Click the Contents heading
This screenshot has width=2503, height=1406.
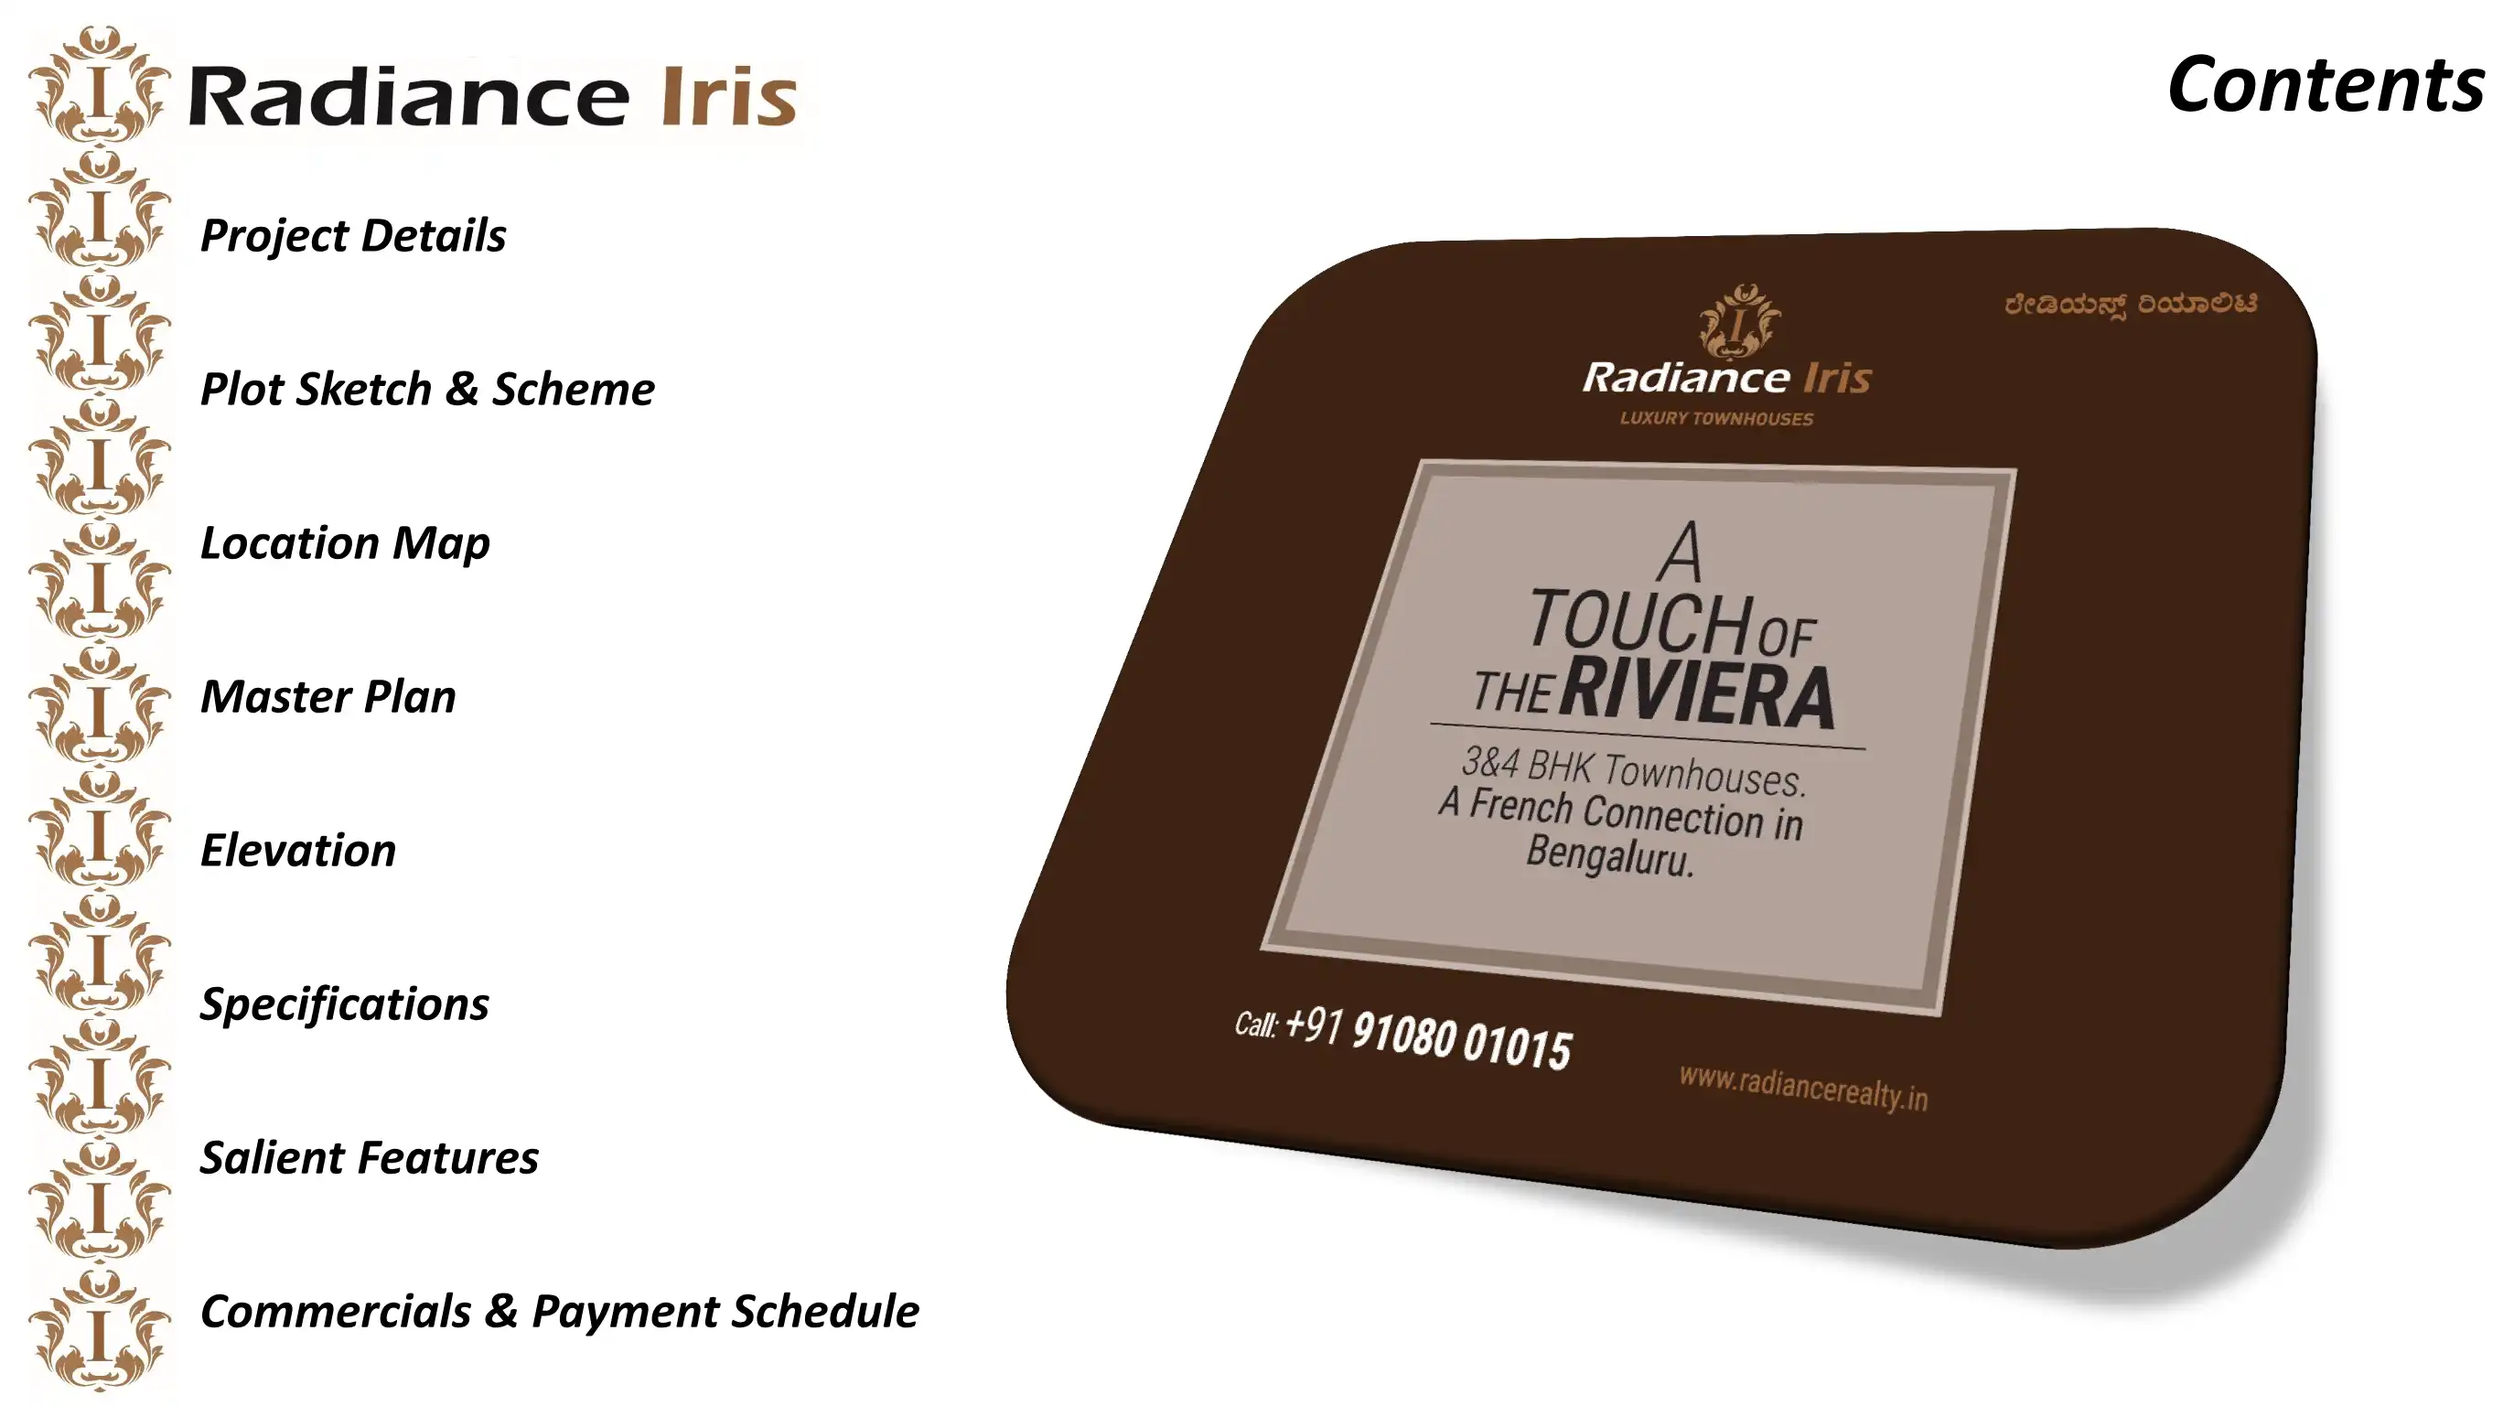click(x=2326, y=84)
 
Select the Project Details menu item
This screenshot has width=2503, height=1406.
click(x=353, y=236)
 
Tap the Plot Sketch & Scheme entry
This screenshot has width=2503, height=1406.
click(x=427, y=390)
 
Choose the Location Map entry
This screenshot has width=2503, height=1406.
click(x=345, y=543)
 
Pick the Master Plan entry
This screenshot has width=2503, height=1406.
click(x=328, y=697)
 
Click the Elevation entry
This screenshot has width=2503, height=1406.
click(x=298, y=850)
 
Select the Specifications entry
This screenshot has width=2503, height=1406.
click(x=345, y=1004)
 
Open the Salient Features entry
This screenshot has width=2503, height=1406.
click(x=370, y=1157)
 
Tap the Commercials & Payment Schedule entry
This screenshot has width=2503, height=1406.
click(x=560, y=1311)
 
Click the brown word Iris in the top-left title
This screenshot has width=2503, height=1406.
click(x=730, y=95)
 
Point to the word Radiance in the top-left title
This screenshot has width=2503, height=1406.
click(x=409, y=95)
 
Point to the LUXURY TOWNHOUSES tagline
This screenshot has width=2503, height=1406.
click(x=1717, y=419)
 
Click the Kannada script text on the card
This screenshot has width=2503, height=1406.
click(x=2131, y=304)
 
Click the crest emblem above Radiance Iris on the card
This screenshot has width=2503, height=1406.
click(x=1739, y=319)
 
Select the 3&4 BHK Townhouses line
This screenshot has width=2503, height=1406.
click(x=1633, y=771)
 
